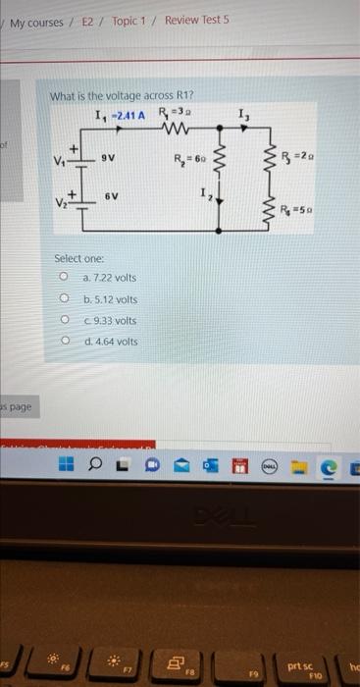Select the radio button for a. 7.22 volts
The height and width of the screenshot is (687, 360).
pyautogui.click(x=63, y=278)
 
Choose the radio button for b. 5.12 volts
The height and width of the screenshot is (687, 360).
pyautogui.click(x=63, y=299)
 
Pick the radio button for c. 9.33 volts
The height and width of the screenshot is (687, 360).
pyautogui.click(x=63, y=320)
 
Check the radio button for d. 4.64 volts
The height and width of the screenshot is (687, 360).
pyautogui.click(x=63, y=342)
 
